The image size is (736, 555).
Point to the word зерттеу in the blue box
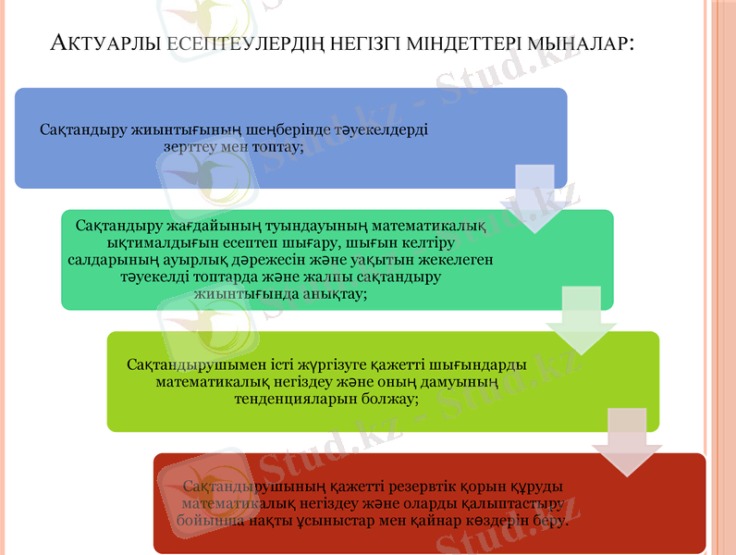click(191, 146)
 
